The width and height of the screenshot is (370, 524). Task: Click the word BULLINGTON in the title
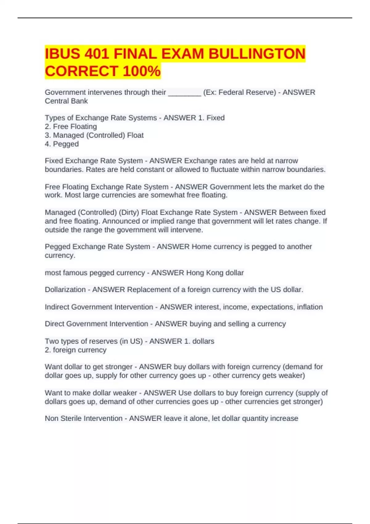coord(257,54)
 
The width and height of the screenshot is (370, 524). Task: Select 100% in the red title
coord(142,71)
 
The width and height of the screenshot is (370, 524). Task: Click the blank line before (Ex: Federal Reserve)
coord(184,92)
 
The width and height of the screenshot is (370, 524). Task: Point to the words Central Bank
coord(66,101)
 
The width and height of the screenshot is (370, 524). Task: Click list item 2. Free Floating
coord(71,127)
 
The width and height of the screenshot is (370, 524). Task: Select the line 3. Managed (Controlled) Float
coord(94,135)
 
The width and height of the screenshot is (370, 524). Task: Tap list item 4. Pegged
coord(62,144)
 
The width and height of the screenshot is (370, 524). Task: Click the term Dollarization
coord(65,290)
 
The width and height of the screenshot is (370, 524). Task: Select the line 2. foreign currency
coord(76,350)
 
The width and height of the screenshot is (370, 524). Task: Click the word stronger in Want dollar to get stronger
coord(119,367)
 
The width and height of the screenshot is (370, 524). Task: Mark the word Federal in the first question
coord(230,92)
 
